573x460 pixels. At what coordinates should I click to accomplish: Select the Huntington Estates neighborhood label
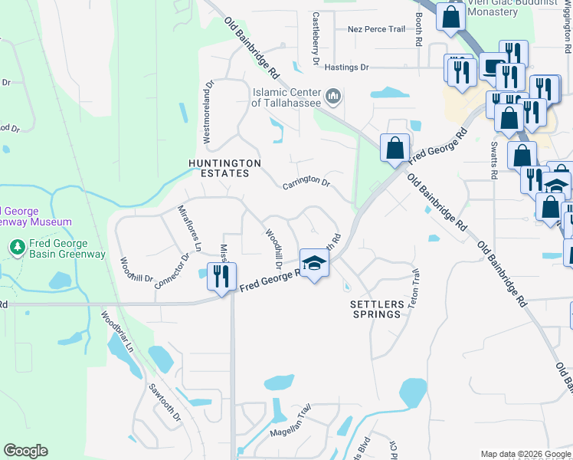(x=225, y=168)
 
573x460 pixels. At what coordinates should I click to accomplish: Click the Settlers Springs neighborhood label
(x=375, y=309)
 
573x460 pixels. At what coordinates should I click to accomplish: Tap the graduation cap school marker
(x=313, y=264)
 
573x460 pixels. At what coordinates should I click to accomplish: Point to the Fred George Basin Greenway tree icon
(x=16, y=247)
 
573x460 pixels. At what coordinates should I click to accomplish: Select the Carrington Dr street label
(x=306, y=185)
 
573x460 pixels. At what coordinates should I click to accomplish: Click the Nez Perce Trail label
(x=375, y=29)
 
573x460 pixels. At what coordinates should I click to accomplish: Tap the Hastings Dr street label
(x=346, y=67)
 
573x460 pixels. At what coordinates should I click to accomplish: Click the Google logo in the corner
(x=25, y=451)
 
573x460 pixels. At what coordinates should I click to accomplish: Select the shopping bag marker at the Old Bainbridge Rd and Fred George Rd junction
(x=395, y=148)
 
